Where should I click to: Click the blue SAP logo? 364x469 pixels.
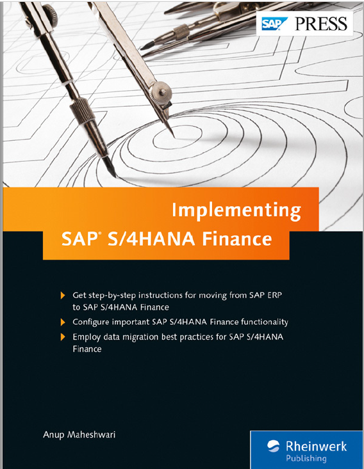274,24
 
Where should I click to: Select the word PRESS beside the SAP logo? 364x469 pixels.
321,24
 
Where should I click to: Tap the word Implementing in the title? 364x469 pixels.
236,211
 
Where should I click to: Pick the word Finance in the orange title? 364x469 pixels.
236,239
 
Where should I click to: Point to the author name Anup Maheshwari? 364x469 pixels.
79,434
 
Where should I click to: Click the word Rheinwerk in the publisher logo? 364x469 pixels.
316,446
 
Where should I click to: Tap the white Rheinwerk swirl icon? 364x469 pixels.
273,446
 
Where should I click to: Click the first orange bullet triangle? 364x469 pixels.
63,296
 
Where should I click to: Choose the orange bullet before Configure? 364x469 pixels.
63,322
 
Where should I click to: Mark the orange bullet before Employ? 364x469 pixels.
63,337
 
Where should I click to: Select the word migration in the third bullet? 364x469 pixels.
137,337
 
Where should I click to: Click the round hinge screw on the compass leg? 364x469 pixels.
161,92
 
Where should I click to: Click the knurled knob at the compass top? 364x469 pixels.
50,12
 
